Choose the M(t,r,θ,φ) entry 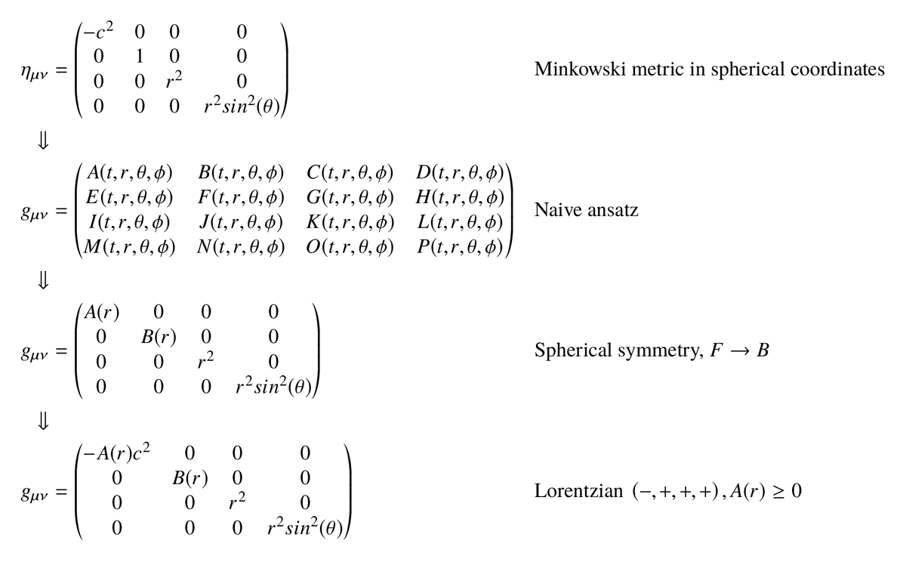coord(129,248)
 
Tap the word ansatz coord(612,211)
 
